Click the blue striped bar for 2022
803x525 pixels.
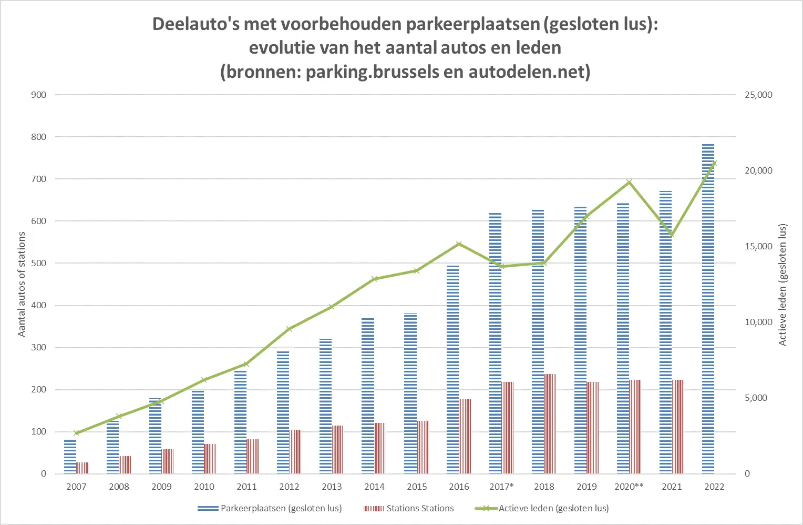pyautogui.click(x=708, y=310)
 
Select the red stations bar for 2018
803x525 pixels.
pyautogui.click(x=550, y=424)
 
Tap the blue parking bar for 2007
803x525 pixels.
pyautogui.click(x=70, y=457)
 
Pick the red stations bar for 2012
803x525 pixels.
pyautogui.click(x=295, y=451)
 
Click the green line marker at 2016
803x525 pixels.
pyautogui.click(x=459, y=244)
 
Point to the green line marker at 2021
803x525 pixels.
pyautogui.click(x=672, y=235)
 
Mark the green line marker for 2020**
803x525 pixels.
pyautogui.click(x=629, y=183)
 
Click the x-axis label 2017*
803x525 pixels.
pyautogui.click(x=501, y=487)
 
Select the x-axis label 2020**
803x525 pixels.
pyautogui.click(x=629, y=487)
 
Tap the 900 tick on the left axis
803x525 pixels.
pyautogui.click(x=39, y=95)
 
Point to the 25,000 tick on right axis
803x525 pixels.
pyautogui.click(x=758, y=95)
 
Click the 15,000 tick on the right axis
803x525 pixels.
pyautogui.click(x=758, y=246)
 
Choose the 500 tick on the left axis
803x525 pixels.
pyautogui.click(x=39, y=263)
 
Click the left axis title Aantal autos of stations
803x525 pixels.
pyautogui.click(x=22, y=284)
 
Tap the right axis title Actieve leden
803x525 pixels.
pyautogui.click(x=783, y=284)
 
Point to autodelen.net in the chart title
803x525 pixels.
pyautogui.click(x=529, y=71)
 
